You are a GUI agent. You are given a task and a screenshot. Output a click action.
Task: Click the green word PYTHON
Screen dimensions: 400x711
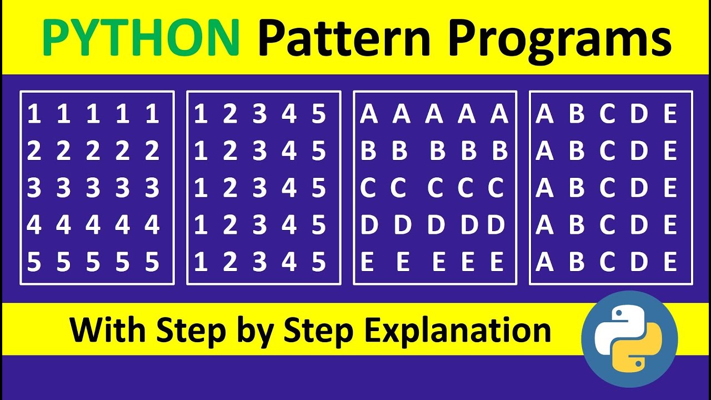(141, 38)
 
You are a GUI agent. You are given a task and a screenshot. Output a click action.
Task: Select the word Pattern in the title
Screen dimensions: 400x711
(344, 38)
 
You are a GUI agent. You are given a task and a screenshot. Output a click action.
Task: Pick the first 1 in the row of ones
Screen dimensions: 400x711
(34, 114)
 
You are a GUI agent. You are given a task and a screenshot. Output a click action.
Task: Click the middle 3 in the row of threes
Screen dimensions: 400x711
(93, 189)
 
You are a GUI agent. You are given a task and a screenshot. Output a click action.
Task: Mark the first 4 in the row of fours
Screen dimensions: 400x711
(34, 226)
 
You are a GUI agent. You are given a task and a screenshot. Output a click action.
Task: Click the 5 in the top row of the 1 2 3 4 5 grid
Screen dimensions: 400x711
(318, 114)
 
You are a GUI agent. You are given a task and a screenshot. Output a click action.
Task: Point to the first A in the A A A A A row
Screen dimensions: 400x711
(368, 114)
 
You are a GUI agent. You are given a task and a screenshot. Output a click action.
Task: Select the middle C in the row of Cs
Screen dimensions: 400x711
(435, 189)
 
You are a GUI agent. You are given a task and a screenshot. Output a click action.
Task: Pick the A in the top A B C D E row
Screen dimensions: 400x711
(544, 114)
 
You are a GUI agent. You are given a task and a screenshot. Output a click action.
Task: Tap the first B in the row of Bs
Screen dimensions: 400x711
(368, 152)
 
